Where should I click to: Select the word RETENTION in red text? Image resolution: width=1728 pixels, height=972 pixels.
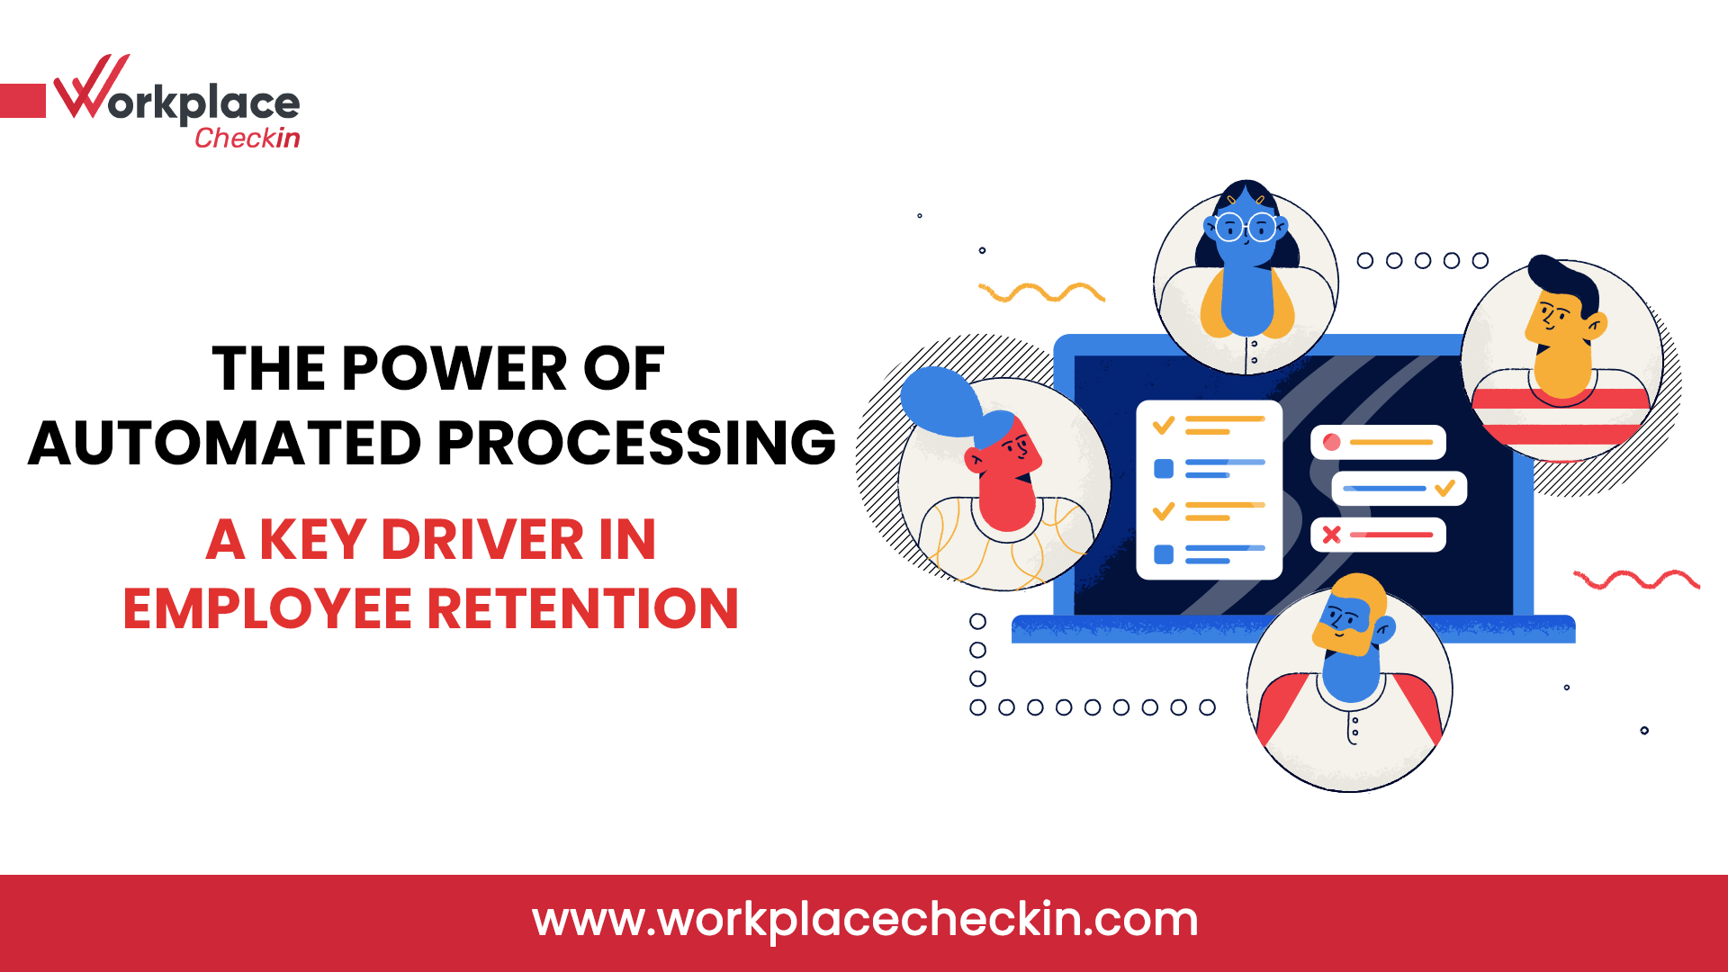[x=582, y=608]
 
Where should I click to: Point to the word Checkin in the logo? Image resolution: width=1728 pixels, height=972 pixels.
[x=247, y=138]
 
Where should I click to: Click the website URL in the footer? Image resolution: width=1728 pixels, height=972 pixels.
[x=865, y=920]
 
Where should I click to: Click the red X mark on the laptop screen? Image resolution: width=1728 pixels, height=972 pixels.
[x=1332, y=535]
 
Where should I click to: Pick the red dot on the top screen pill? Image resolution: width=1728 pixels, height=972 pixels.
[x=1332, y=442]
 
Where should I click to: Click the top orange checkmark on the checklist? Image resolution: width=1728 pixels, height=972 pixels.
[x=1164, y=425]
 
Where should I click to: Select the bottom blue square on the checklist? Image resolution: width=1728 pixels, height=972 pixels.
[x=1164, y=554]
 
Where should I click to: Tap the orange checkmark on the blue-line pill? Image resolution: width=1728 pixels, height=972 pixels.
[x=1444, y=489]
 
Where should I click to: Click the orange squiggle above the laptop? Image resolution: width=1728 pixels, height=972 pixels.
[x=1041, y=292]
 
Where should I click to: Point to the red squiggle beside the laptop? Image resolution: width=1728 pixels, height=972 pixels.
[x=1636, y=580]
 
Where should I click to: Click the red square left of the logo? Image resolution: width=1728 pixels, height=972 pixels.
[x=22, y=101]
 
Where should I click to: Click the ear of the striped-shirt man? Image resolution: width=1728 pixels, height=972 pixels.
[x=1597, y=324]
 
